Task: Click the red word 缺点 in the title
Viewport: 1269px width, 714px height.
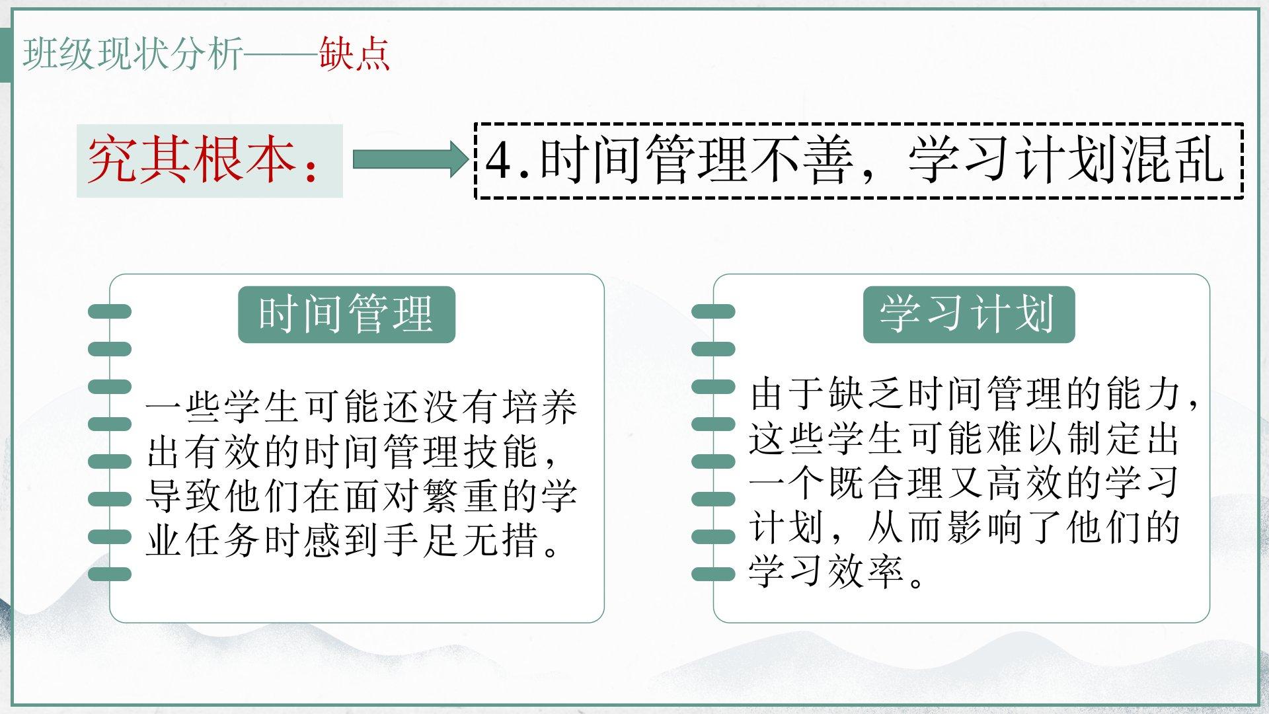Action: (354, 54)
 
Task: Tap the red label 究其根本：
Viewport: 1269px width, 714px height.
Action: (205, 161)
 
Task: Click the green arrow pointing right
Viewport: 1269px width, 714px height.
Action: (410, 159)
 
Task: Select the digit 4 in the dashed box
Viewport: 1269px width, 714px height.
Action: (498, 161)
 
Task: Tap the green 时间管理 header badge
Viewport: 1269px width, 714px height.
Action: (346, 315)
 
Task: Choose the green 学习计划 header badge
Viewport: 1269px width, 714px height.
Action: (969, 315)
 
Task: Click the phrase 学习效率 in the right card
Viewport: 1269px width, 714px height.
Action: (826, 571)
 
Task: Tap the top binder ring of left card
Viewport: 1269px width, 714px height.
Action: (109, 311)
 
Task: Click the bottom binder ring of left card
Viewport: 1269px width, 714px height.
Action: (109, 574)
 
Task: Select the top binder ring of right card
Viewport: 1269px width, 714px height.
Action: (713, 311)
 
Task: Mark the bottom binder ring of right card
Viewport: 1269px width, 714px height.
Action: (713, 574)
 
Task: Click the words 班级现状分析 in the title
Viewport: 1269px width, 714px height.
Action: (133, 54)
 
